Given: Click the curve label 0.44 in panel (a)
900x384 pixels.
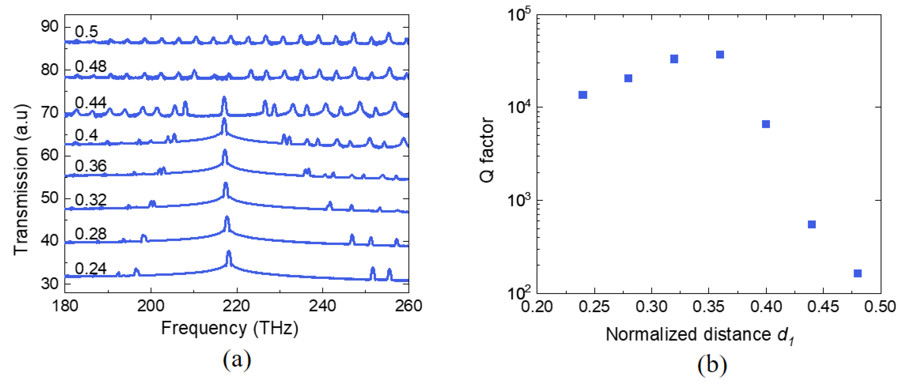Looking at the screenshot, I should (90, 103).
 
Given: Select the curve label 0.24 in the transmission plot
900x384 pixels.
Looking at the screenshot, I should (90, 268).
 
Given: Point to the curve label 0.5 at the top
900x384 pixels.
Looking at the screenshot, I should (86, 32).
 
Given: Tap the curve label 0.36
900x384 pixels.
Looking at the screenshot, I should (90, 166).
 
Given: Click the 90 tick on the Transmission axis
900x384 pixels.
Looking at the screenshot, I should (50, 26).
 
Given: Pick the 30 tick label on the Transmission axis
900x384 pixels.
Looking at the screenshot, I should (50, 284).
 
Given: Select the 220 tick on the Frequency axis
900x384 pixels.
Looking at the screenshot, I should (237, 306).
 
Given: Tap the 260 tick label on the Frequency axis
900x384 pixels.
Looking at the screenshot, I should (408, 306).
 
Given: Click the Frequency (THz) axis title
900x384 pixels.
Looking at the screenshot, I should (230, 328).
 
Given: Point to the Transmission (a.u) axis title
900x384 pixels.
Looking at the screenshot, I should (21, 179).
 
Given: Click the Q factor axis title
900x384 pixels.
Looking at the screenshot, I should (487, 150).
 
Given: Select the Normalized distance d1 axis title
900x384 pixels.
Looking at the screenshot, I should (700, 335).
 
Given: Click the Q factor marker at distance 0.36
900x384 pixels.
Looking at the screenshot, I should (720, 55).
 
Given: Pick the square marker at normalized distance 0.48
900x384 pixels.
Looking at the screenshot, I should (857, 273).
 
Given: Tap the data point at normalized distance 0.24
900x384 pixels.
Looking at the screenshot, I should (583, 95).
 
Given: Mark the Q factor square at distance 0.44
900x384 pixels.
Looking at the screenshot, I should (812, 224).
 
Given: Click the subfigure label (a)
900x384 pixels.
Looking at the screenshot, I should (237, 360).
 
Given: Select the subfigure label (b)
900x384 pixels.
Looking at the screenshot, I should (712, 365).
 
